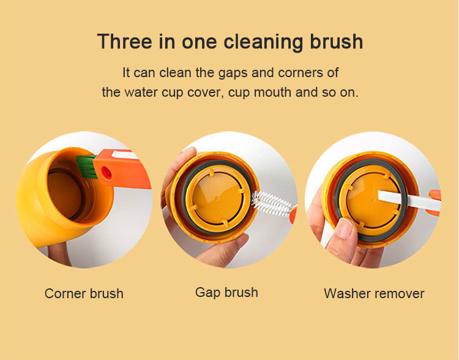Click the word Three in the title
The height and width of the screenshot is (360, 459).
(125, 41)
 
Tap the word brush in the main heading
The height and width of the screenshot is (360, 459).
(337, 41)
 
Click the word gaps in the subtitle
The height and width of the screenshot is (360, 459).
(233, 73)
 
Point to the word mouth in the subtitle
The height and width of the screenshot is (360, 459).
(273, 92)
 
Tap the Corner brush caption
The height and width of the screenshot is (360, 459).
(84, 293)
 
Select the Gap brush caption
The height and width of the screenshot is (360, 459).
(226, 293)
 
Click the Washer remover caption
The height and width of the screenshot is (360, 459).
(374, 293)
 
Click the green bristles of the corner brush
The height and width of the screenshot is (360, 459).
(86, 167)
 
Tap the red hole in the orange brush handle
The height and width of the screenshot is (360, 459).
(106, 173)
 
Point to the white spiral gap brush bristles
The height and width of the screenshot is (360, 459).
(271, 203)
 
